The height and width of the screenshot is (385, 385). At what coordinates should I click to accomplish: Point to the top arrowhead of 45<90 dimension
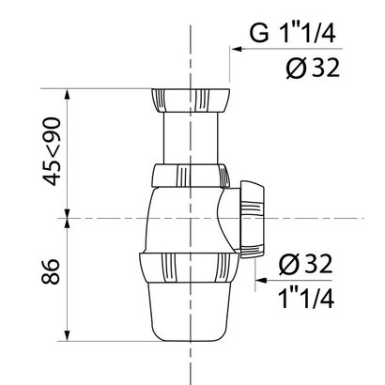(68, 95)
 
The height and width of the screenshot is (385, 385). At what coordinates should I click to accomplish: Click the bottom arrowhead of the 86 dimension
(68, 338)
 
